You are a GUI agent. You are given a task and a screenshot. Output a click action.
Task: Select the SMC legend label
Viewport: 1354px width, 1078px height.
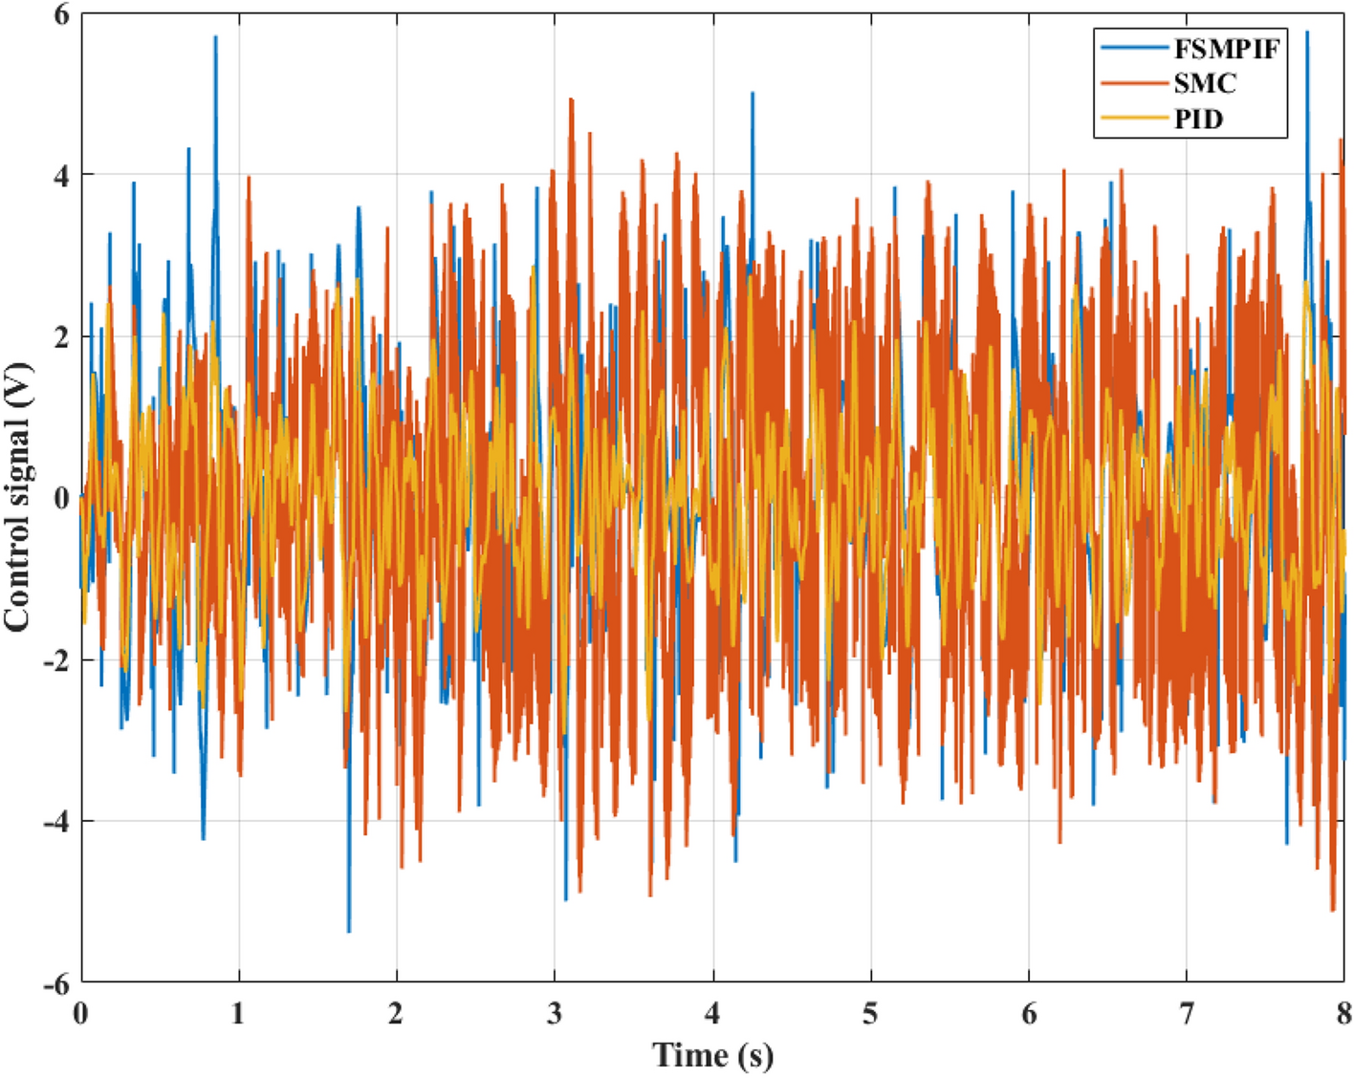click(x=1205, y=84)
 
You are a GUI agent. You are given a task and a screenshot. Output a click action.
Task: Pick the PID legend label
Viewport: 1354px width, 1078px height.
click(x=1199, y=119)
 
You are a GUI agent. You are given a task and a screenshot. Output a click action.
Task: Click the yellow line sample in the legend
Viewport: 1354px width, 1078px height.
click(x=1134, y=119)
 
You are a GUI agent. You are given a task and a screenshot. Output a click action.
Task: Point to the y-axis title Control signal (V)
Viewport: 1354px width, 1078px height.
click(x=17, y=497)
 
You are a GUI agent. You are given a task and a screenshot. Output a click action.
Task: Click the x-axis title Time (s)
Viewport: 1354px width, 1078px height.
click(x=712, y=1055)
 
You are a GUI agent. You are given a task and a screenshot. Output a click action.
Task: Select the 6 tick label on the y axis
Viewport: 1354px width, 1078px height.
click(x=60, y=14)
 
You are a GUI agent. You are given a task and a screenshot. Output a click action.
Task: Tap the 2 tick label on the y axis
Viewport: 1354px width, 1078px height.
click(x=60, y=336)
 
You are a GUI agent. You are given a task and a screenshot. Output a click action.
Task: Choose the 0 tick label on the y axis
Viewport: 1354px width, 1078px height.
click(x=60, y=498)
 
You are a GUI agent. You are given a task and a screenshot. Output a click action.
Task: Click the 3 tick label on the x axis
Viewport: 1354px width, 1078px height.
click(x=555, y=1013)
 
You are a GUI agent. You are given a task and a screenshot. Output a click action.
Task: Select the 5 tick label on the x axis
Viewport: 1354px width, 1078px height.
click(x=870, y=1013)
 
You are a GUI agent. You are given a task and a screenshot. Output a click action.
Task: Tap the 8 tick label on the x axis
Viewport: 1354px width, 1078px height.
click(x=1343, y=1013)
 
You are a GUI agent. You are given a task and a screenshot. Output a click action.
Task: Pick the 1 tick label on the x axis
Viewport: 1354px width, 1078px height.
click(x=238, y=1013)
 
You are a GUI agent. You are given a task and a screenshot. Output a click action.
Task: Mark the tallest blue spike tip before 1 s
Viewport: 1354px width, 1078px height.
click(x=215, y=36)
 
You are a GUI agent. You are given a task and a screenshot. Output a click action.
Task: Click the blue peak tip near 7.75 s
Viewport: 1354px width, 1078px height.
click(x=1306, y=32)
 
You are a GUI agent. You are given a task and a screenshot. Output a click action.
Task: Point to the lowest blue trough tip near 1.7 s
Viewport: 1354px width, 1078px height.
click(x=349, y=932)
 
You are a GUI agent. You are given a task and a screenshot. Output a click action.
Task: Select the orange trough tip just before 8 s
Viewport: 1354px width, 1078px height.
click(x=1333, y=911)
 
